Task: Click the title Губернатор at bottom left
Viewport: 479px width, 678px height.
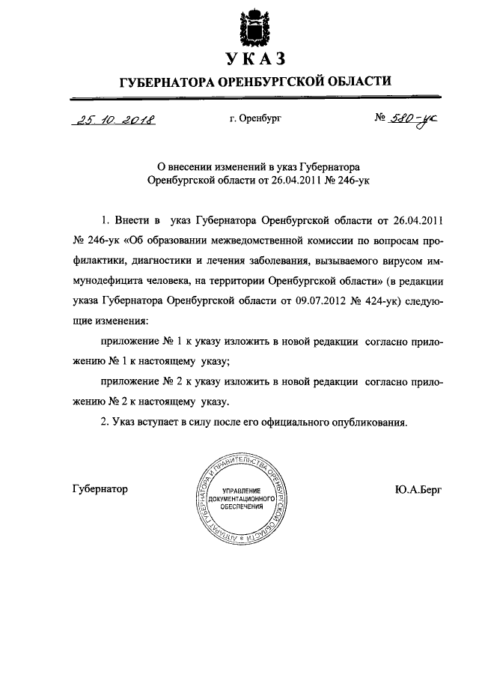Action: pos(100,489)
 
